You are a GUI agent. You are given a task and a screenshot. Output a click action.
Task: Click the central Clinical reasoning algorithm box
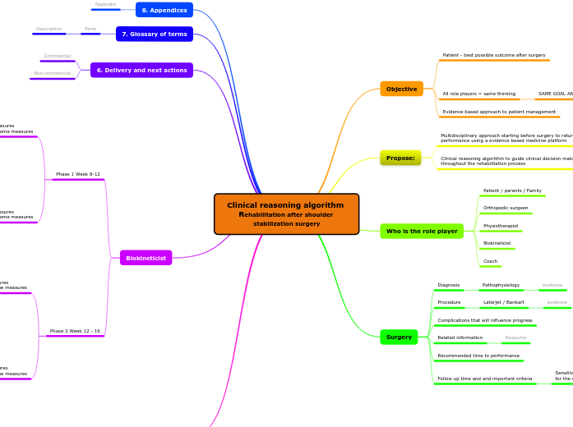tap(286, 213)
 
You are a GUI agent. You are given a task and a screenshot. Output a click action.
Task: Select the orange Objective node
tap(401, 89)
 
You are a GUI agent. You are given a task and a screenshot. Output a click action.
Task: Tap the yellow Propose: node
tap(400, 157)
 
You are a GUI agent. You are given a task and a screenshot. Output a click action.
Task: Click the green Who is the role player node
tap(422, 232)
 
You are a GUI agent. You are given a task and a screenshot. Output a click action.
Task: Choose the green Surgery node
tap(399, 337)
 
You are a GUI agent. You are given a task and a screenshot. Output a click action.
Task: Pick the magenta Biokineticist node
tap(146, 258)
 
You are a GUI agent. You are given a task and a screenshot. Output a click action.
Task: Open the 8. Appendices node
tap(164, 10)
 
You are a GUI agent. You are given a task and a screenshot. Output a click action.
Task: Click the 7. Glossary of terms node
tap(155, 34)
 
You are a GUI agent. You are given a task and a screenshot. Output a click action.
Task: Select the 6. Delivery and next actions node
tap(141, 71)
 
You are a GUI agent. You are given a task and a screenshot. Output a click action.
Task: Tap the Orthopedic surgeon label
tap(506, 208)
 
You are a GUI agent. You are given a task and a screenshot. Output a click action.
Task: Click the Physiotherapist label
tap(501, 226)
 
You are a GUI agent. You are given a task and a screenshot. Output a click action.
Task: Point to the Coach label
tap(490, 261)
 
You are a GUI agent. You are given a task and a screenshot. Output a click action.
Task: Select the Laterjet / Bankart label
tap(503, 302)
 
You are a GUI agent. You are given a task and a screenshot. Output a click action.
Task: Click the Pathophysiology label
tap(501, 285)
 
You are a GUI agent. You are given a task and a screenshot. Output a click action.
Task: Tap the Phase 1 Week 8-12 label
tap(78, 174)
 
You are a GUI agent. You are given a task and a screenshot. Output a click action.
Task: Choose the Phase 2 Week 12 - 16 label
tap(75, 331)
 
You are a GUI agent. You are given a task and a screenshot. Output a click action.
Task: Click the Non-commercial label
tap(52, 73)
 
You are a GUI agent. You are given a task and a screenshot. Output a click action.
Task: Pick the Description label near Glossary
tap(49, 29)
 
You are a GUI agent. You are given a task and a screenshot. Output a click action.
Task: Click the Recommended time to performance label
tap(478, 356)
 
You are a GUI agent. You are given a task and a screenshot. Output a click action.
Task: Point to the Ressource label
tap(515, 337)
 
